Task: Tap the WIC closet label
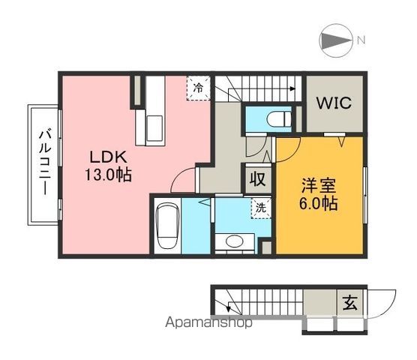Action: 334,103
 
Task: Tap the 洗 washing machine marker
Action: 259,207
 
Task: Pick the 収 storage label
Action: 256,180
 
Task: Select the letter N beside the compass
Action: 361,40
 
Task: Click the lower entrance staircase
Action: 270,304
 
